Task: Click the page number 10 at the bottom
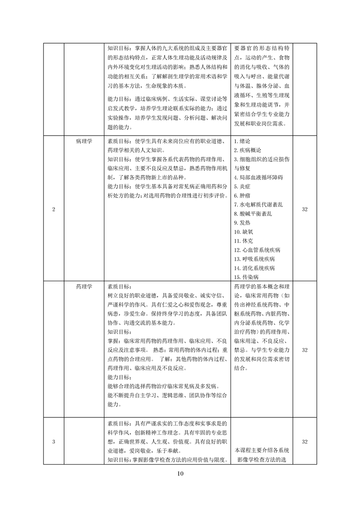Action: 180,474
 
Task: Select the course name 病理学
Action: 84,141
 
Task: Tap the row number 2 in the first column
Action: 54,209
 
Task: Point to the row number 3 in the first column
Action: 54,441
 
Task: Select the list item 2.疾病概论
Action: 247,150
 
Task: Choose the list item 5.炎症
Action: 242,186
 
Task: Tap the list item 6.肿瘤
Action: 242,195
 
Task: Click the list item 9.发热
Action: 242,222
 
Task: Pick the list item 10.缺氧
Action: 244,231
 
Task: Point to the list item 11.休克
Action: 244,240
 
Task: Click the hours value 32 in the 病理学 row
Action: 305,209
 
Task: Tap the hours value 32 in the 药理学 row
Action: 305,350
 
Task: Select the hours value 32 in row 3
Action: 305,441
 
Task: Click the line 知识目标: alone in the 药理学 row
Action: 118,332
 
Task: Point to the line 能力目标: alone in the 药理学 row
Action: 118,377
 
